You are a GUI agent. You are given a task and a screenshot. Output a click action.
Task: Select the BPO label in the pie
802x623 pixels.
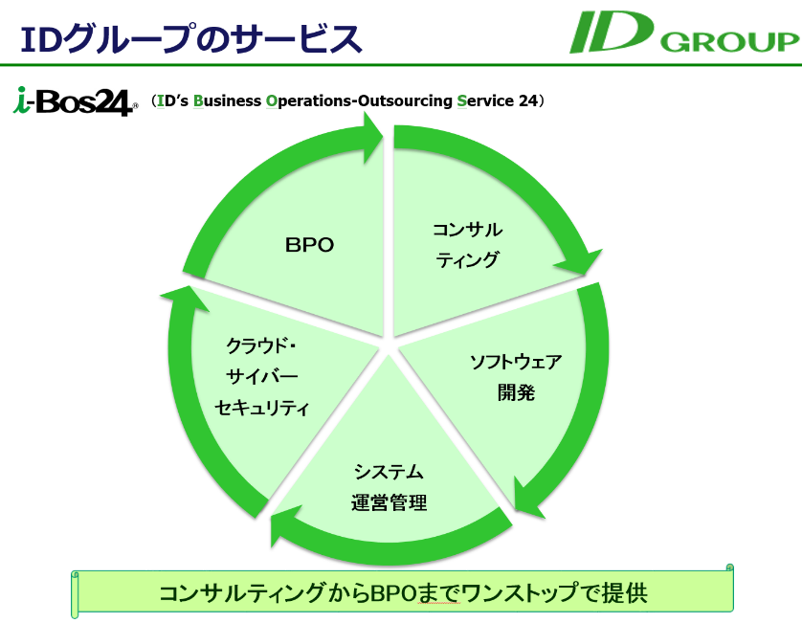coord(309,245)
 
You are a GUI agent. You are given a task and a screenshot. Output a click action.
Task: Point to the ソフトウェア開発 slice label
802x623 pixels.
coord(515,376)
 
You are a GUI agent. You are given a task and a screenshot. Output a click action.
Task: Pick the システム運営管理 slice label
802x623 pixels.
coord(389,487)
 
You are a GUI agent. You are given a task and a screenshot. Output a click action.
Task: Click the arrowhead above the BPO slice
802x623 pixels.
coord(368,135)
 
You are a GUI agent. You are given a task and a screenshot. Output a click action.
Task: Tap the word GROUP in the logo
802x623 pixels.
coord(742,42)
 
